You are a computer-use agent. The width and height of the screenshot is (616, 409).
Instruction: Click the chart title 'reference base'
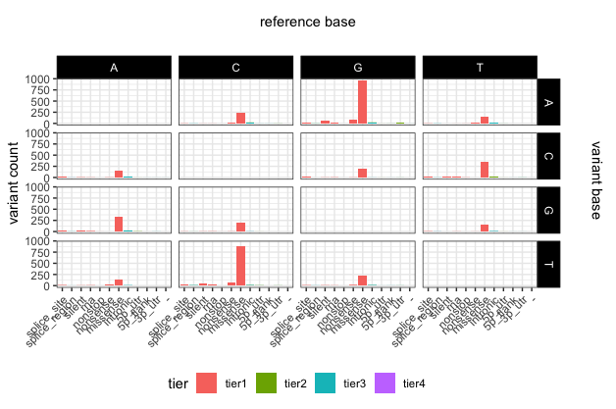307,22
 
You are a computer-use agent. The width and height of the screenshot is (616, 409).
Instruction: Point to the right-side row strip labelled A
550,101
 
